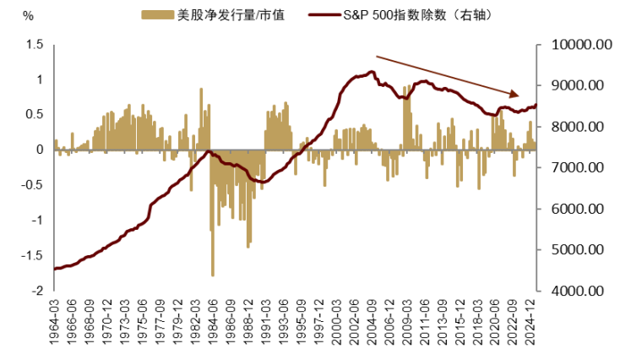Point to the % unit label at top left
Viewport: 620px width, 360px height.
coord(28,15)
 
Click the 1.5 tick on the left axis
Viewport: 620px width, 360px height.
coord(34,44)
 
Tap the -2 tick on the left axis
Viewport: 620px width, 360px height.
coord(37,290)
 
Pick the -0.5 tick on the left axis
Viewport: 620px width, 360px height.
coord(32,184)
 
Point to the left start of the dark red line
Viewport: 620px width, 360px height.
coord(54,269)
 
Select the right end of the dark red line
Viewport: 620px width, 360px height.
coord(536,105)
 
